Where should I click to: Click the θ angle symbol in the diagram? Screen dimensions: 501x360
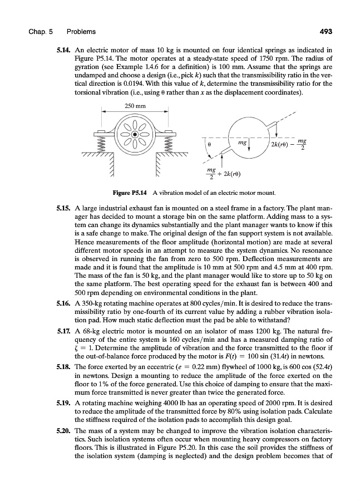(209, 143)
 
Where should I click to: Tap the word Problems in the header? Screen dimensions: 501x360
(81, 31)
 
